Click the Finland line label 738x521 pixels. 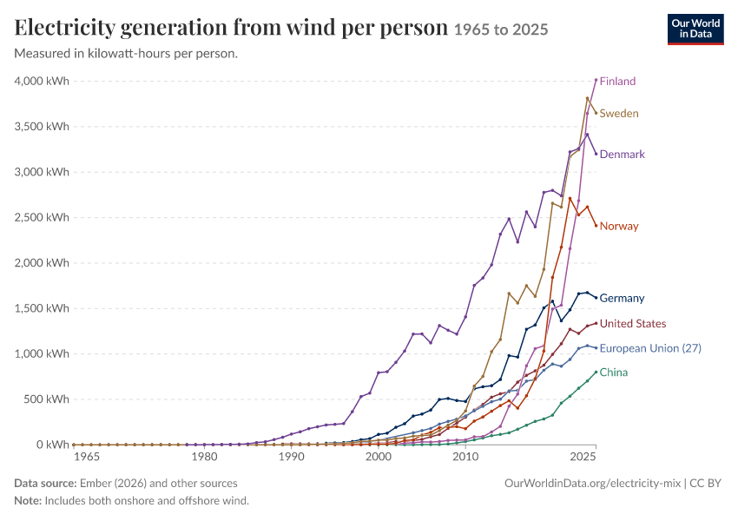coord(617,82)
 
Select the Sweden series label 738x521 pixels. coord(619,114)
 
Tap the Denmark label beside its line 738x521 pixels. coord(623,155)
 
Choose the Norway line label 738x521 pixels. coord(619,227)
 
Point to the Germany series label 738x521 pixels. coord(622,299)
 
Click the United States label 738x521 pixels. coord(633,324)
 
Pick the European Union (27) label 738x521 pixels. coord(650,348)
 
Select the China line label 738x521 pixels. coord(614,373)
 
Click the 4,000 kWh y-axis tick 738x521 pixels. coord(42,82)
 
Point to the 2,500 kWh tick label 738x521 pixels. coord(42,217)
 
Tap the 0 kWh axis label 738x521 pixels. coord(53,445)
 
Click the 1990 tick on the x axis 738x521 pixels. coord(292,457)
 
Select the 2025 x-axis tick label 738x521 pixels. coord(583,457)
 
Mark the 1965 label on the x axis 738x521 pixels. coord(87,457)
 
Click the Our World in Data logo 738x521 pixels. coord(695,30)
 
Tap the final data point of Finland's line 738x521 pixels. coord(596,80)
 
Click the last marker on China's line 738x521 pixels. coord(596,373)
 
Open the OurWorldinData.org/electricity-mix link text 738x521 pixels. coord(592,484)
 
